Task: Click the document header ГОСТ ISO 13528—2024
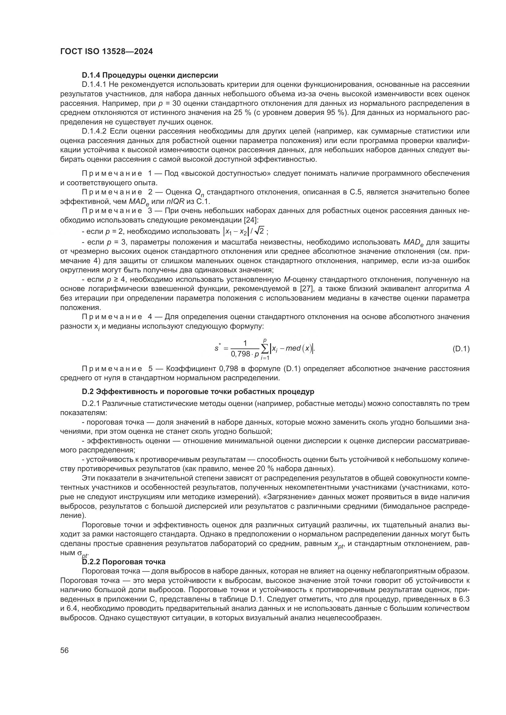(106, 52)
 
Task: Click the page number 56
(65, 650)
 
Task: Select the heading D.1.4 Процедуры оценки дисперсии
(150, 75)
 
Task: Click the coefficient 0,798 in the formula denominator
(240, 354)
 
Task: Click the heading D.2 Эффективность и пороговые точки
(198, 392)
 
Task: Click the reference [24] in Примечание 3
(250, 220)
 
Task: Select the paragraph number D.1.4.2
(94, 131)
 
